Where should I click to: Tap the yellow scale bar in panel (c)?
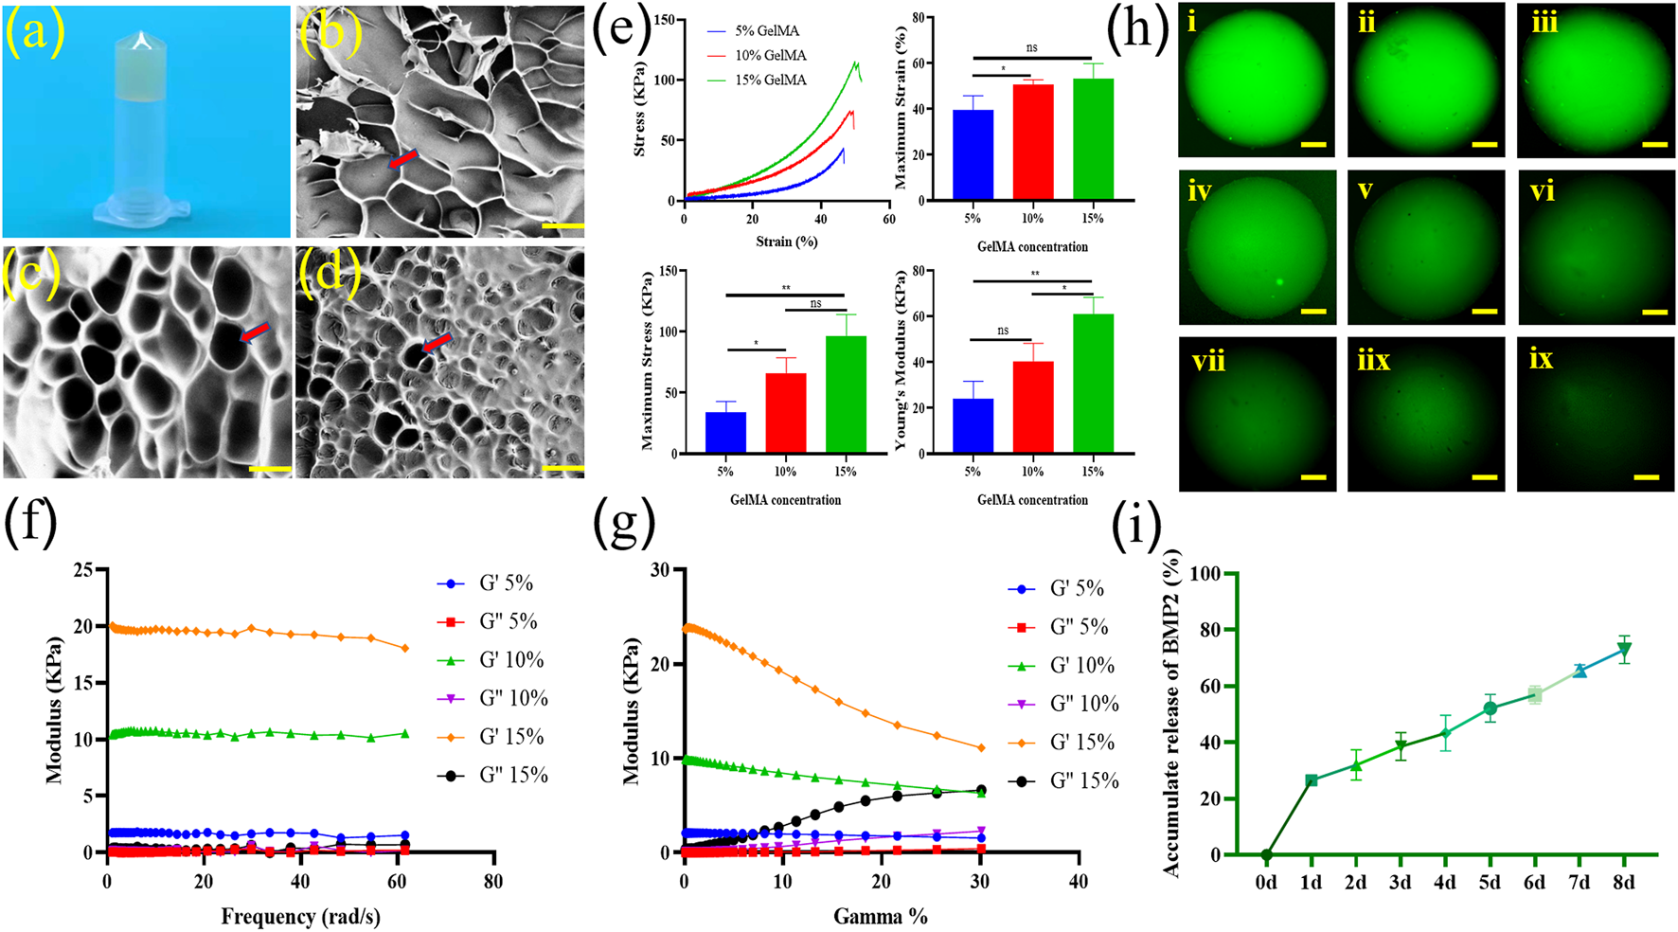270,467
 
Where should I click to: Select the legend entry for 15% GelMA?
770,81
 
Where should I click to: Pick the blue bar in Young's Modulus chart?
973,425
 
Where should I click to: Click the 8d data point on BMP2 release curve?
1623,650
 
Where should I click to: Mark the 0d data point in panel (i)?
1266,854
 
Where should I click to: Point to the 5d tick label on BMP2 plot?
1490,883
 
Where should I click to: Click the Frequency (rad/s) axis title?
300,916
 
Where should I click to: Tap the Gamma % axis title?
880,916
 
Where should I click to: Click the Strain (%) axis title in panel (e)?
786,242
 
